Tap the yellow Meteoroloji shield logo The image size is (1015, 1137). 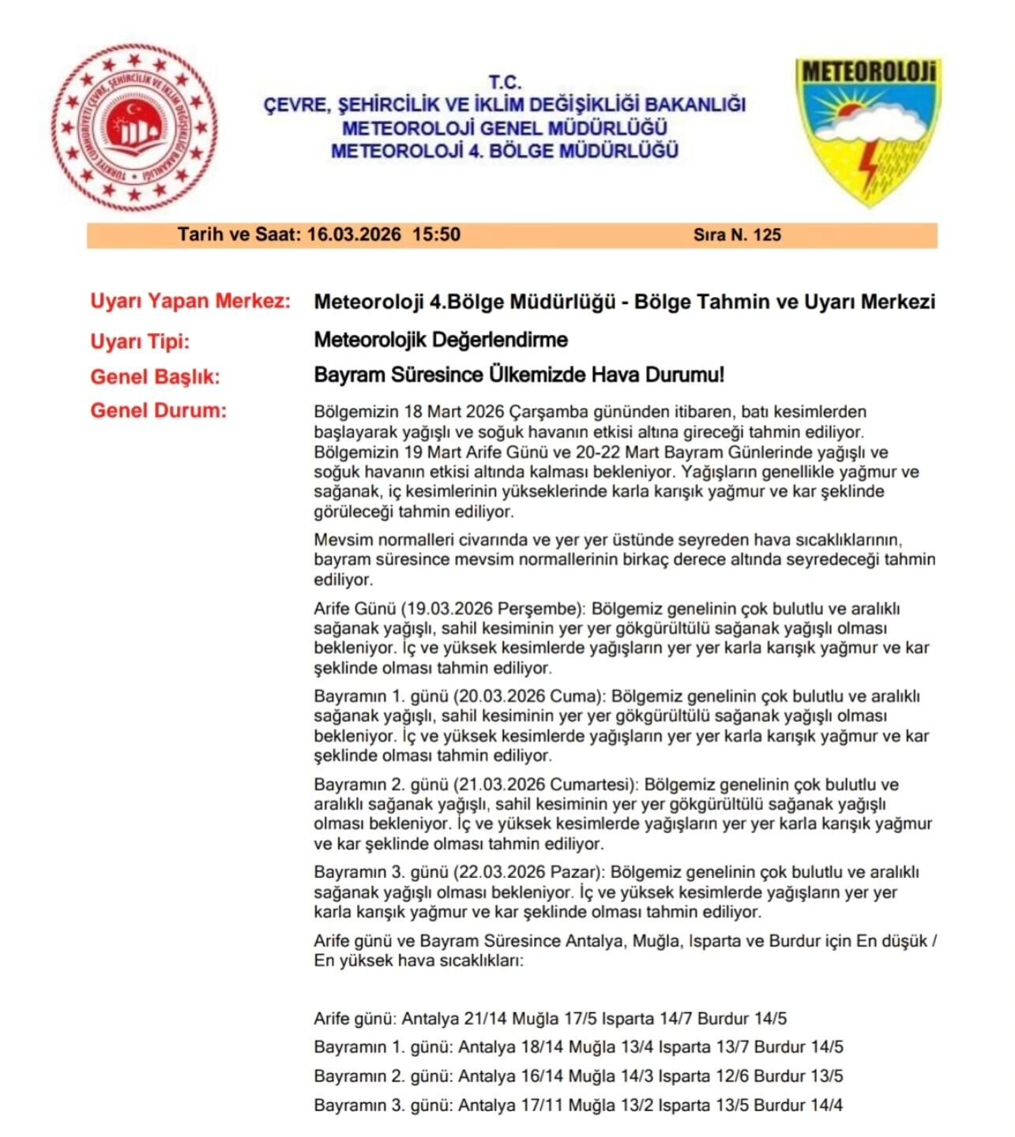(867, 130)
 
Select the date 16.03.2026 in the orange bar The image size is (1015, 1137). (354, 235)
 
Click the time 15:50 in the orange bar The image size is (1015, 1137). (436, 235)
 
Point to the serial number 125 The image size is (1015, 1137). (767, 235)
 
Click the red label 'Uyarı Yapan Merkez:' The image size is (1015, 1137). (190, 301)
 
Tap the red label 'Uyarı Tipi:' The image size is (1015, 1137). (140, 342)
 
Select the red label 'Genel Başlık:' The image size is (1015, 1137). (155, 377)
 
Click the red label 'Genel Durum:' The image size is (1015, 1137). (158, 411)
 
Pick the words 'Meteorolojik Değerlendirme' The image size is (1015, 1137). (441, 340)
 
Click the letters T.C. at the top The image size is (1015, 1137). (505, 82)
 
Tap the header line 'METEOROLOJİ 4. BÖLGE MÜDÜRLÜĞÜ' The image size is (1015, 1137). (505, 150)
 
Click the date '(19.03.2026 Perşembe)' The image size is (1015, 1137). (492, 610)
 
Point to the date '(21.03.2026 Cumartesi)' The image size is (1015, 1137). (545, 785)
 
